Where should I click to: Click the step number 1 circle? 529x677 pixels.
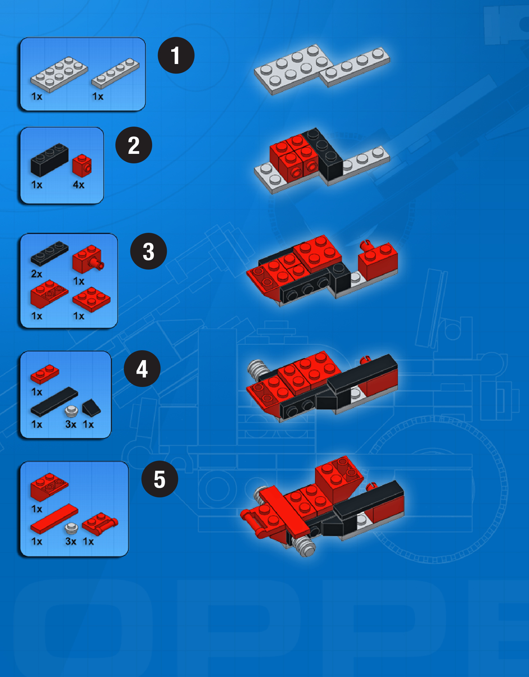176,55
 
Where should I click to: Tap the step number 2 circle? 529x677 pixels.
134,145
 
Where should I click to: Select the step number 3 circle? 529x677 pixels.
148,251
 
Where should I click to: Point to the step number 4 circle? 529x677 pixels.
142,369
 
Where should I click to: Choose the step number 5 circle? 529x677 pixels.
160,479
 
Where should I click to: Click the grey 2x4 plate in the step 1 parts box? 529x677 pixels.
59,74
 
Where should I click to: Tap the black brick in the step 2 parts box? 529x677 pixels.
50,160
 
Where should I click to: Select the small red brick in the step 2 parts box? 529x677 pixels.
82,166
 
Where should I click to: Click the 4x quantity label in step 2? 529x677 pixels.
79,185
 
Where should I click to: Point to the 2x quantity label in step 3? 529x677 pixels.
37,274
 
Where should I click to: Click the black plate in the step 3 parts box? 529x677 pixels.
50,253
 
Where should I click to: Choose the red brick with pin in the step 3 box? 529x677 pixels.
88,259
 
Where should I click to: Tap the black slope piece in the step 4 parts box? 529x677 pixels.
91,408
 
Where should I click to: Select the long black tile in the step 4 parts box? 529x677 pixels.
54,402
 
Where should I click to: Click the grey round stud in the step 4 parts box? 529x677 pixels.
71,411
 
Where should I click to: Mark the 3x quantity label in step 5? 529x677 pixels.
71,542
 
